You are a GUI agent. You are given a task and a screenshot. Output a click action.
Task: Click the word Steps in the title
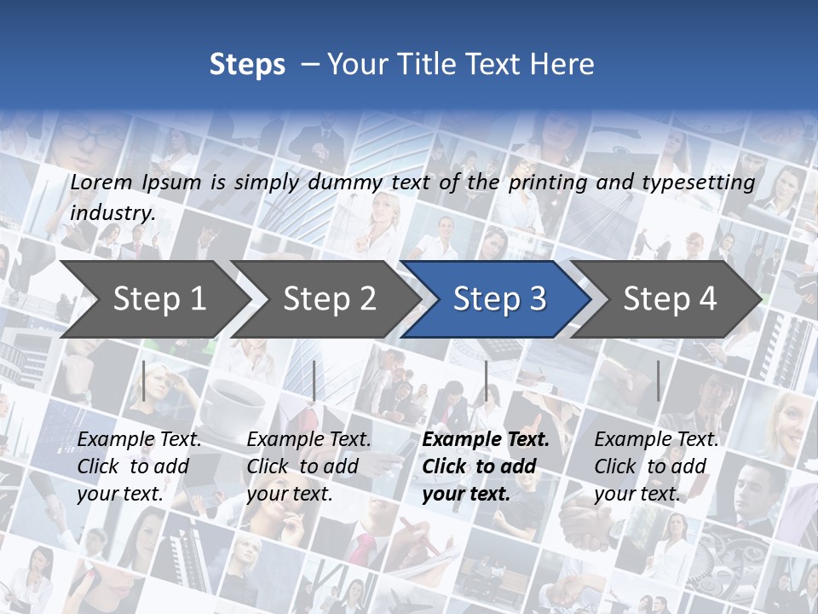tap(247, 65)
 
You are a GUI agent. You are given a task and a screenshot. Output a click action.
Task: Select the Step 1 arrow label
tap(159, 298)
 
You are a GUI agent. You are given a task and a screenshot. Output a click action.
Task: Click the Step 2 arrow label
tap(329, 298)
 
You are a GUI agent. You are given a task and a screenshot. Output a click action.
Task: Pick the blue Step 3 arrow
tap(498, 298)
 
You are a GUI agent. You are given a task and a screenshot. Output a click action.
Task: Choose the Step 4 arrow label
tap(670, 298)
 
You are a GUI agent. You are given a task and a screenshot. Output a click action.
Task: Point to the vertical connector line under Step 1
tap(144, 380)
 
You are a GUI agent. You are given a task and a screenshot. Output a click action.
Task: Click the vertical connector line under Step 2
tap(314, 380)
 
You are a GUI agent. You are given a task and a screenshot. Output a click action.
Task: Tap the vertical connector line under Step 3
tap(486, 380)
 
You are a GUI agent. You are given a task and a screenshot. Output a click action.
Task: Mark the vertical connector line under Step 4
tap(658, 380)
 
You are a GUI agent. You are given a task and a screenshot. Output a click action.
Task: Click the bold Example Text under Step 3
tap(486, 440)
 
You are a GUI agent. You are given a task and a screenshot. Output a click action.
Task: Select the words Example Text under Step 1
tap(139, 440)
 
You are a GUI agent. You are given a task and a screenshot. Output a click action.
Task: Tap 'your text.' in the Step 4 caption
tap(637, 494)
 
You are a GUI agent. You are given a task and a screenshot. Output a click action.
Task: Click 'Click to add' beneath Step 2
tap(302, 467)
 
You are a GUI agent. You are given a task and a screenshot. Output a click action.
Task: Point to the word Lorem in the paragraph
tap(101, 182)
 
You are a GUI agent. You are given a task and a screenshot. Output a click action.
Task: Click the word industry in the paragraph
tap(111, 212)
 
